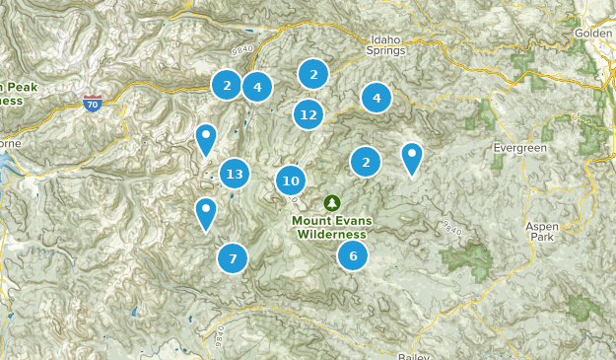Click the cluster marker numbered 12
point(308,114)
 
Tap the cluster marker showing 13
point(234,175)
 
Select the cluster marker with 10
point(291,180)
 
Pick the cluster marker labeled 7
point(233,258)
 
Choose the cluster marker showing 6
point(353,255)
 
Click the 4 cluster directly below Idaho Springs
point(376,98)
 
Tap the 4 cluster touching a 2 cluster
point(257,87)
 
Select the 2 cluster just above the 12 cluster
point(313,73)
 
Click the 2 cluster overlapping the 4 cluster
point(227,85)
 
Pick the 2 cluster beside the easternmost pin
point(366,162)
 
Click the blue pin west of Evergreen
point(411,157)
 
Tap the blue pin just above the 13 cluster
point(206,139)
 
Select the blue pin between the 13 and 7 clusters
point(206,212)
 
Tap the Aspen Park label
point(542,231)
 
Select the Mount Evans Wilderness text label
point(330,227)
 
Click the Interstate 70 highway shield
point(92,103)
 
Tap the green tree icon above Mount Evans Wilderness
point(330,202)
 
